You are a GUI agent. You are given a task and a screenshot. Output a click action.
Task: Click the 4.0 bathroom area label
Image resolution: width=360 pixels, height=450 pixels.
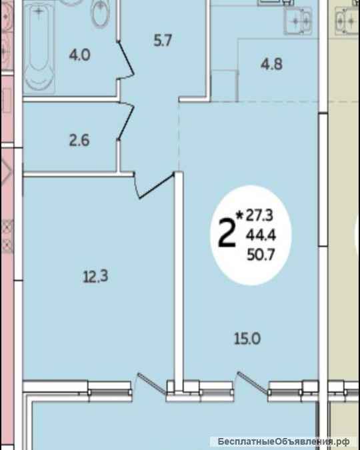80,55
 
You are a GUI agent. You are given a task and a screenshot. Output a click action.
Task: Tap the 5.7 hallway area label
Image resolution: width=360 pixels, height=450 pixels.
163,41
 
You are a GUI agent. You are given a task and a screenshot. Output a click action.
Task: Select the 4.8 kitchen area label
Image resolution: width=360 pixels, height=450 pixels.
271,64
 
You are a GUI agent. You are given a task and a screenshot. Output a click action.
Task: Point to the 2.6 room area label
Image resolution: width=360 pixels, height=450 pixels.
79,141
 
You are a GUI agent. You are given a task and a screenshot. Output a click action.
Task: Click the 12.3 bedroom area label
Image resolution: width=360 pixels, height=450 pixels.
95,277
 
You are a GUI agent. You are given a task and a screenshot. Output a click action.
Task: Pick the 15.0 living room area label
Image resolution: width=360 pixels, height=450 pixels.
247,339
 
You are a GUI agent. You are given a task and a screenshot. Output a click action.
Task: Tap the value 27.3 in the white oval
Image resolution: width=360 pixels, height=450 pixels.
259,216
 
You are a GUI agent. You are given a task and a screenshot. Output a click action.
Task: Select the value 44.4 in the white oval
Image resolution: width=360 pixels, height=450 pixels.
261,235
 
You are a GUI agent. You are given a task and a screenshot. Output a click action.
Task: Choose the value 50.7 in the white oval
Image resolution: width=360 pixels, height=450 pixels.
261,255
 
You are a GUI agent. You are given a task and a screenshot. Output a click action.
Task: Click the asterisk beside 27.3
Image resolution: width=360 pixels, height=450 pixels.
239,214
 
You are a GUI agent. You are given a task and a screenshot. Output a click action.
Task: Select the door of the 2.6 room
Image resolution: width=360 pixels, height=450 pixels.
126,121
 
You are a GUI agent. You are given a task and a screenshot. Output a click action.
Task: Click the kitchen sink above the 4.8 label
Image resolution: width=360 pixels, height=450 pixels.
298,21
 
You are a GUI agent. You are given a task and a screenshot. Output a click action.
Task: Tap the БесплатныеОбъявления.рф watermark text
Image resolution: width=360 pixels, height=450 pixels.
283,441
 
